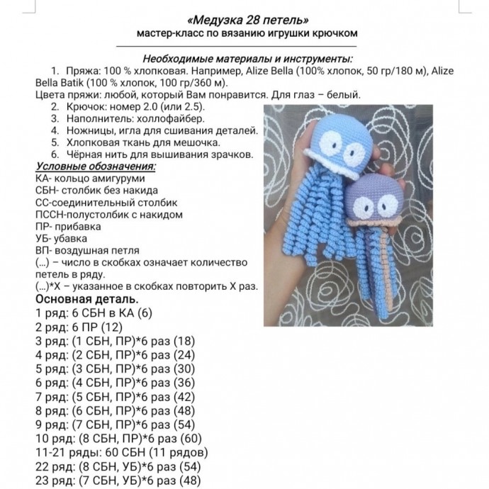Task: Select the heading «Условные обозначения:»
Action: [x=95, y=165]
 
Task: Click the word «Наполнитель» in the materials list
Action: [x=100, y=118]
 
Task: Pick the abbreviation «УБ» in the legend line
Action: [x=42, y=239]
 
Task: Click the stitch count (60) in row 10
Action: [x=195, y=437]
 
